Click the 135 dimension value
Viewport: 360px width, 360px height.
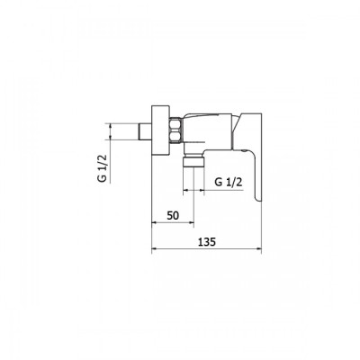[207, 242]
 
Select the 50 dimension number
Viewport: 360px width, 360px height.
[173, 215]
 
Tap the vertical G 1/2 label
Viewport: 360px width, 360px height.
[102, 168]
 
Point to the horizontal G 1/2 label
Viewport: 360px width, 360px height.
[229, 182]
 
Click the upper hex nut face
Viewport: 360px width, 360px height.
[175, 124]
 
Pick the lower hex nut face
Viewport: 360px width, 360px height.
[175, 136]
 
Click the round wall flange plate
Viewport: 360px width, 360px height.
[160, 130]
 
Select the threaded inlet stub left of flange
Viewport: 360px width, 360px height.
[145, 131]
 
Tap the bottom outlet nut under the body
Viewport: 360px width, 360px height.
[193, 161]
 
